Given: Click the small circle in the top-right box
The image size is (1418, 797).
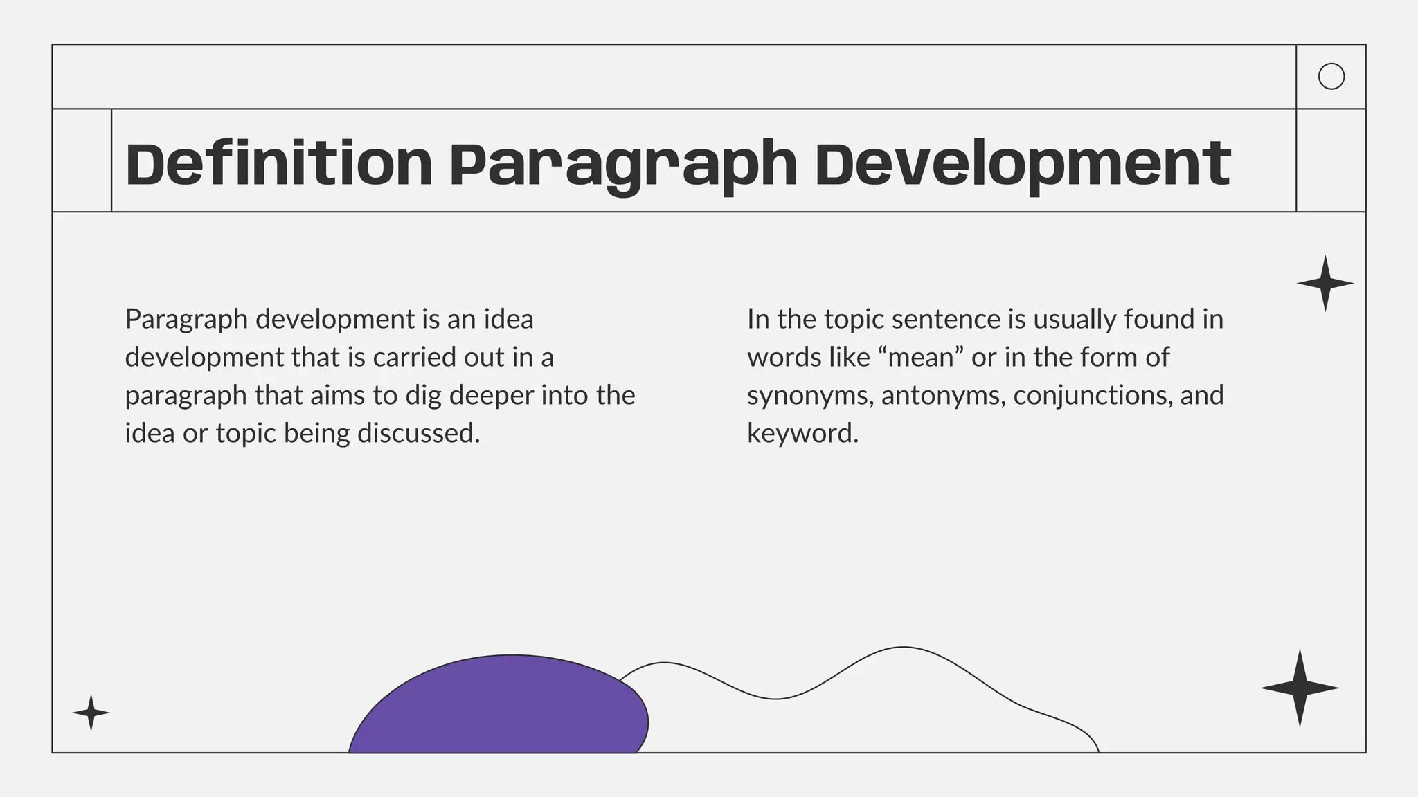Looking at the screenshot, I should (x=1331, y=77).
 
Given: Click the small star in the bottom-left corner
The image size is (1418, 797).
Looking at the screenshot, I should (x=91, y=712).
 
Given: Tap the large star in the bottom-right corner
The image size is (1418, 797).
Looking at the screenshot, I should (x=1300, y=688).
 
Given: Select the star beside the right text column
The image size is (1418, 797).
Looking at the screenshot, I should (x=1325, y=283).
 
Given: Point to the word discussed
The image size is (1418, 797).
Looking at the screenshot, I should (x=418, y=434).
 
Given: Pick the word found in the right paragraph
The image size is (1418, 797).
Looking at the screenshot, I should (x=1154, y=320).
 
